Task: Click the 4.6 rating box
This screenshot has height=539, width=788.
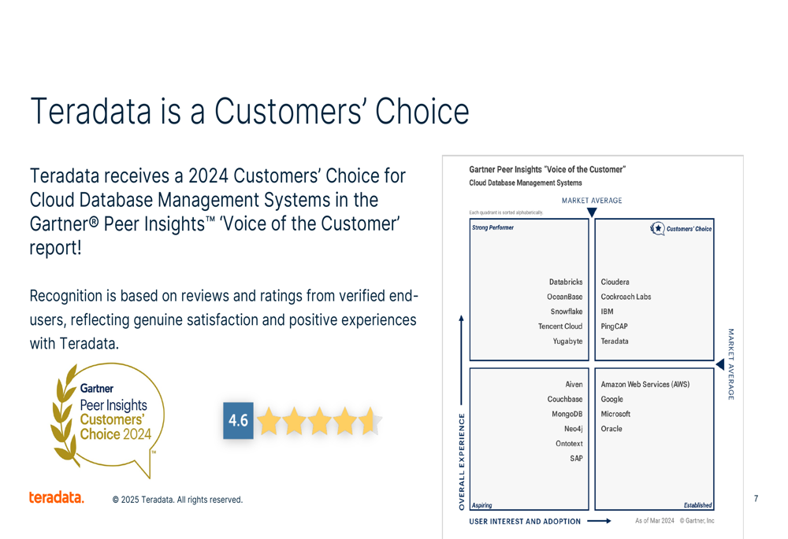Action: (x=238, y=420)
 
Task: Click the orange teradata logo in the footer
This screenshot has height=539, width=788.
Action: (x=56, y=497)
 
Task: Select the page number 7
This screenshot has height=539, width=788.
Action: (x=756, y=498)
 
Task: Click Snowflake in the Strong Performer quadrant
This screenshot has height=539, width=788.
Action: (x=567, y=312)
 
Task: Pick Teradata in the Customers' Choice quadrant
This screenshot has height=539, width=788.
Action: (x=615, y=341)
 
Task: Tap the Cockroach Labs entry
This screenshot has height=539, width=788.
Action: (x=626, y=297)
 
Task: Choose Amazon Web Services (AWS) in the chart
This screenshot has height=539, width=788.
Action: (x=645, y=385)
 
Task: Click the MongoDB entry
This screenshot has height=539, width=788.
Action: (x=567, y=414)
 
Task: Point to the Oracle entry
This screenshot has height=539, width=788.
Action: (x=611, y=429)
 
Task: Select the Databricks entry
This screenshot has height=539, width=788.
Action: (x=566, y=282)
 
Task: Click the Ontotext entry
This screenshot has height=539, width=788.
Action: (x=569, y=444)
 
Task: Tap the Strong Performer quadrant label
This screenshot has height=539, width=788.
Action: (x=492, y=228)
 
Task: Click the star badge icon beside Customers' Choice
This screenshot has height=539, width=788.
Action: (x=657, y=229)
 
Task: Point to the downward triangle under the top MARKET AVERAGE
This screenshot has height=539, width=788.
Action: (x=592, y=212)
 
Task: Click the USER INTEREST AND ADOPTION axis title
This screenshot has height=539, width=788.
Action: (x=525, y=522)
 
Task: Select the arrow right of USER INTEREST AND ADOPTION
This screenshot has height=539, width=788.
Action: (x=599, y=522)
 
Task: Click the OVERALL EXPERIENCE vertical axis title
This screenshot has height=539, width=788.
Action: (x=462, y=462)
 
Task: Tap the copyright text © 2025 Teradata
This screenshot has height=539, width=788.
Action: (x=177, y=500)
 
